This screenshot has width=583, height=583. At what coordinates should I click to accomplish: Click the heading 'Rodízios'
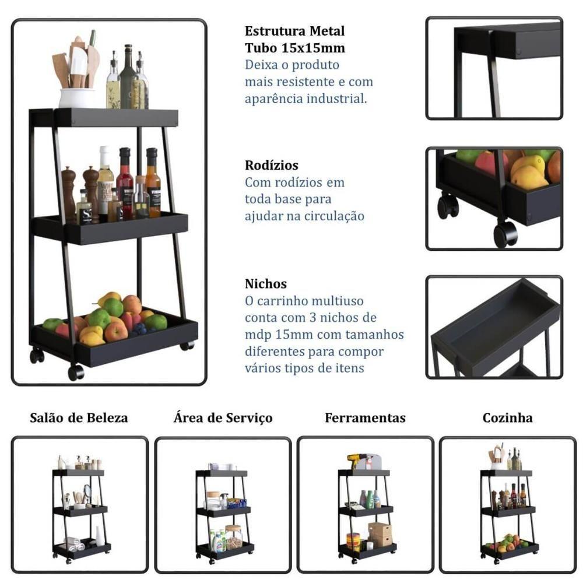click(x=272, y=165)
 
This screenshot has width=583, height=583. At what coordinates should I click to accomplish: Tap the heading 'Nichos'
click(x=265, y=284)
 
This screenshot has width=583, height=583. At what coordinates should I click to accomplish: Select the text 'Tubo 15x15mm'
click(x=295, y=48)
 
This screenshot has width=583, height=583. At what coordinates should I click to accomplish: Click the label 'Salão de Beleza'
click(x=79, y=417)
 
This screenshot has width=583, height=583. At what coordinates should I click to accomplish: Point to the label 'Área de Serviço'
click(x=223, y=417)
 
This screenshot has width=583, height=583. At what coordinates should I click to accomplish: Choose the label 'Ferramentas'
click(x=365, y=417)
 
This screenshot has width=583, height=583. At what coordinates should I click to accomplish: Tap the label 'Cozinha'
click(x=508, y=417)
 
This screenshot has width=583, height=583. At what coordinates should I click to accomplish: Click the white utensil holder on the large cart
click(x=77, y=98)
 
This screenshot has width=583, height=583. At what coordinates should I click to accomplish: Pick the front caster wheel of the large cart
click(x=76, y=372)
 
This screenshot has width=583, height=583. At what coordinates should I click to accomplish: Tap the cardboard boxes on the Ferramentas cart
click(x=380, y=534)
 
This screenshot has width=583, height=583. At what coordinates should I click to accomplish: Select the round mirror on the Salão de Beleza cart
click(x=87, y=492)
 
